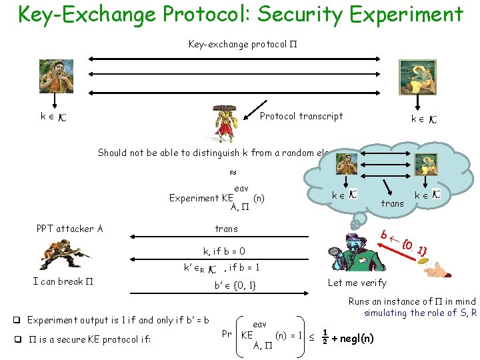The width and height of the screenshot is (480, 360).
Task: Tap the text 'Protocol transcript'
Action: (x=301, y=116)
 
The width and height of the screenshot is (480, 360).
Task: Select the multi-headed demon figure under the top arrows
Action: (x=225, y=124)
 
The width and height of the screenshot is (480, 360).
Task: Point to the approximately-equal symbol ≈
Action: (x=233, y=172)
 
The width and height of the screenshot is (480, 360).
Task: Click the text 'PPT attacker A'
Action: (x=69, y=229)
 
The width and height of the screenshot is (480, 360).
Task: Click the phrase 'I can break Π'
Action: (x=62, y=281)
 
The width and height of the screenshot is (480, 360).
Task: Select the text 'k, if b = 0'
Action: (x=224, y=251)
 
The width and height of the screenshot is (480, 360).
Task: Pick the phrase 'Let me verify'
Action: (x=357, y=283)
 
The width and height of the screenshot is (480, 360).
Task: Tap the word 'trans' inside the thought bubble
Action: (x=392, y=203)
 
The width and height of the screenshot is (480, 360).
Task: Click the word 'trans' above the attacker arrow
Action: (x=226, y=229)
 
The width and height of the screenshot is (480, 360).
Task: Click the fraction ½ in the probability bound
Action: (x=325, y=337)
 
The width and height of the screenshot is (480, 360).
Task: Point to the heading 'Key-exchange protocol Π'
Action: (x=237, y=45)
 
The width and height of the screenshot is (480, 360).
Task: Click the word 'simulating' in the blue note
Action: (x=386, y=313)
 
